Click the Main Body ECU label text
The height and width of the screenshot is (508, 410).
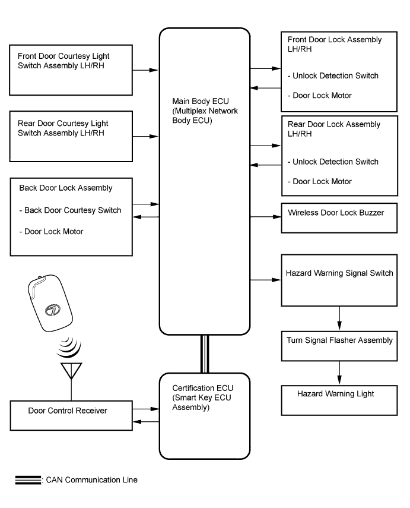(x=205, y=111)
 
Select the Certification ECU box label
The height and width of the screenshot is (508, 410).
(x=202, y=397)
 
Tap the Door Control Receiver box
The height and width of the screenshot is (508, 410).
(x=71, y=415)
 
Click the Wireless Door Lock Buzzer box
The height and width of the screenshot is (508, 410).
(x=339, y=217)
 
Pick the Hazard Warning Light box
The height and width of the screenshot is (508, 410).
(x=339, y=400)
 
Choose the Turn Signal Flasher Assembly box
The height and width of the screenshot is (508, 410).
(x=339, y=346)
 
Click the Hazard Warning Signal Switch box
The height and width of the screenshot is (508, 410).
(x=339, y=280)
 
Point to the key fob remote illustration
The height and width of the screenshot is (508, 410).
(x=50, y=303)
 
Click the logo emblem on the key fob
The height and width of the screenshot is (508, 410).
(x=52, y=310)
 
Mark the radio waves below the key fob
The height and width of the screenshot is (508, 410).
(x=69, y=348)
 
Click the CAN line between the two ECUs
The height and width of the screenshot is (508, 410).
(x=205, y=354)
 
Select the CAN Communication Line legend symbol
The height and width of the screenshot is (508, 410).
(x=28, y=480)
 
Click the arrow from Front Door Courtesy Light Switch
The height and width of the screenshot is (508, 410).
(x=145, y=70)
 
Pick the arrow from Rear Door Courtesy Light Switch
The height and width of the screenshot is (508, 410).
(x=145, y=137)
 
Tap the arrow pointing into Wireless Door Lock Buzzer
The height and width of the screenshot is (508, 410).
(x=265, y=217)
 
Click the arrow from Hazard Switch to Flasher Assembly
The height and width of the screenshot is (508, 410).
(x=339, y=318)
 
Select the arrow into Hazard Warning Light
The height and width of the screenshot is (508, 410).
(x=339, y=373)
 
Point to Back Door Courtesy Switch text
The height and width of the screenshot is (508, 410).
(x=73, y=210)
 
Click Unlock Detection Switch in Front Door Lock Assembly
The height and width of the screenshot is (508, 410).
(x=336, y=76)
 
